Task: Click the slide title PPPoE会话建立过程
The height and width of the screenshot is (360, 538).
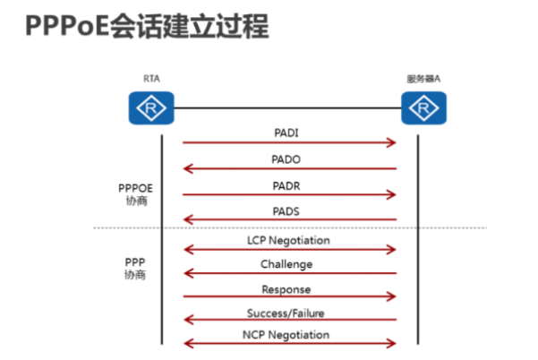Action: (147, 27)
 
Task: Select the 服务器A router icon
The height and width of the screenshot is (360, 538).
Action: (423, 109)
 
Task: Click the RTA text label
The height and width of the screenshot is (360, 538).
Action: (151, 79)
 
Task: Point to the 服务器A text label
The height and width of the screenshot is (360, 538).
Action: (423, 79)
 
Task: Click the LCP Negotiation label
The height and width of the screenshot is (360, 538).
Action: (288, 240)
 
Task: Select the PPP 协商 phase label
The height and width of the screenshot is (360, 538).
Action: (134, 268)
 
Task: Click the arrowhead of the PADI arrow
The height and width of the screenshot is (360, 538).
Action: (391, 142)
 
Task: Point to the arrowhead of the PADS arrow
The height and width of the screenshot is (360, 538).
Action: (188, 219)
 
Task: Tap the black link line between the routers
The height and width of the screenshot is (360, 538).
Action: (286, 109)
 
